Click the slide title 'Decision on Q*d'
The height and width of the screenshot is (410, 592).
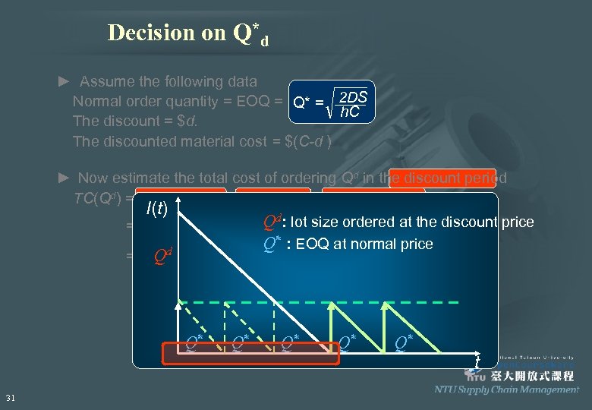pyautogui.click(x=188, y=33)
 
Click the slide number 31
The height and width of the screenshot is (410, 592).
pyautogui.click(x=11, y=398)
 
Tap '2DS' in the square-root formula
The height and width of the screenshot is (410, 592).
pyautogui.click(x=353, y=97)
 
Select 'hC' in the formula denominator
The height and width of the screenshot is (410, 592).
pyautogui.click(x=350, y=112)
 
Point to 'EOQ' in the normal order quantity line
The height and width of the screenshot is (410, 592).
pyautogui.click(x=253, y=101)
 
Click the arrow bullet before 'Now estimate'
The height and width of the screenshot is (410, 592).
pyautogui.click(x=65, y=178)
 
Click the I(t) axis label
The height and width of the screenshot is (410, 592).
pyautogui.click(x=158, y=208)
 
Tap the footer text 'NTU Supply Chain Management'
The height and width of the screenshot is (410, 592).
pyautogui.click(x=506, y=389)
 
